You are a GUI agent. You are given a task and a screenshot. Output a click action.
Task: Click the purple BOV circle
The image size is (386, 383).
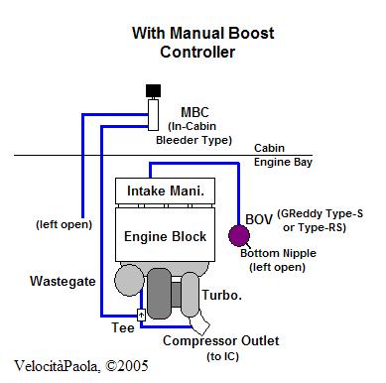click(239, 235)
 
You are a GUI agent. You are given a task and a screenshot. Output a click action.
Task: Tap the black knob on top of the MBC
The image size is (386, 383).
click(153, 90)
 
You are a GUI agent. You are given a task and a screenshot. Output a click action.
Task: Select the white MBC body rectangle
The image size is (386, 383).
click(153, 115)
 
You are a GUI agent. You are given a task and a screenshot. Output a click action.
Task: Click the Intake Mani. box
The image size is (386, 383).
click(165, 191)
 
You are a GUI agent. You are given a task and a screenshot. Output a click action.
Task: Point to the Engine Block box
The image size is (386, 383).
click(165, 234)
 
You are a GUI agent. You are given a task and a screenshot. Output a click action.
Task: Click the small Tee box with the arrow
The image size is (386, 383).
click(141, 315)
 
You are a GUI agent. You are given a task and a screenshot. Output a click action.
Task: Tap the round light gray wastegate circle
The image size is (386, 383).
click(129, 280)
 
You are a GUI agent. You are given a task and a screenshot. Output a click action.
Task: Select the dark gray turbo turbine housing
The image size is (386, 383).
click(159, 294)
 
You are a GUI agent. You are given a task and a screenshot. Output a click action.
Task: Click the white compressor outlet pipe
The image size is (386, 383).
click(199, 324)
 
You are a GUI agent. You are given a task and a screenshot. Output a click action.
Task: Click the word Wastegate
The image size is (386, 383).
click(63, 281)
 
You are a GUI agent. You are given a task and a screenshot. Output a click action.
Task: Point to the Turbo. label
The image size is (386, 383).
click(221, 295)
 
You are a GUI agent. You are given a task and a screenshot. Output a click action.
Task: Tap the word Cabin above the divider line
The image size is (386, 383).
click(269, 148)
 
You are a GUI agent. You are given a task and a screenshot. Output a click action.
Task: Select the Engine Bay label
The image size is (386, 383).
click(283, 162)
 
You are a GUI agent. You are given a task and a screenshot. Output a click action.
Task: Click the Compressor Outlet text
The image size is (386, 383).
click(221, 340)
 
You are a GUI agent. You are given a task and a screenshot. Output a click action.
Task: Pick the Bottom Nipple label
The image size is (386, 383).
click(278, 253)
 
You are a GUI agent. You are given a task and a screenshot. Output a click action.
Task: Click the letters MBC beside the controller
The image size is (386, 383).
click(194, 112)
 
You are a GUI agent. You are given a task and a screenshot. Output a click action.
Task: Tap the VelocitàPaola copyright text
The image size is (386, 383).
click(81, 366)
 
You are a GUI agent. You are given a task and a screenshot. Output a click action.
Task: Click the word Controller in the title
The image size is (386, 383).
click(197, 52)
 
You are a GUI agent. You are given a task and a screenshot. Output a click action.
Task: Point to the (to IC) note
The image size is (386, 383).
click(222, 356)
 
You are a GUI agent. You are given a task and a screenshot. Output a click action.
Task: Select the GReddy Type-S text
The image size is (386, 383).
click(320, 213)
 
